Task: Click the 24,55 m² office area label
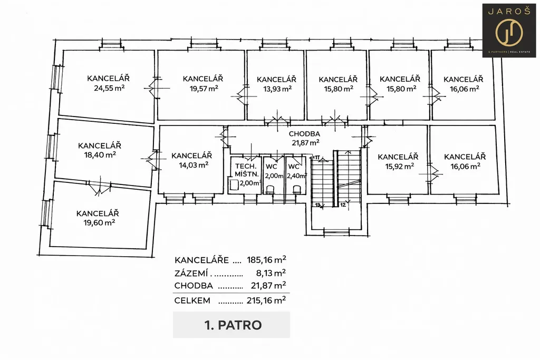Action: tap(109, 89)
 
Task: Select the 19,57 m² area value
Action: tap(204, 89)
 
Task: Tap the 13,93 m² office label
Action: tap(277, 89)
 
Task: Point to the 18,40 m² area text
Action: tap(99, 155)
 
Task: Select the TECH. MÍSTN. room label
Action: tap(246, 170)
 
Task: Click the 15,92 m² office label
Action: tap(398, 166)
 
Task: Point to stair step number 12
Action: tap(343, 205)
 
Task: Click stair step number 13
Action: tap(317, 205)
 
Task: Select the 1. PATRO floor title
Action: tap(232, 325)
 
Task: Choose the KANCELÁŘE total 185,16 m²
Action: tap(268, 260)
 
